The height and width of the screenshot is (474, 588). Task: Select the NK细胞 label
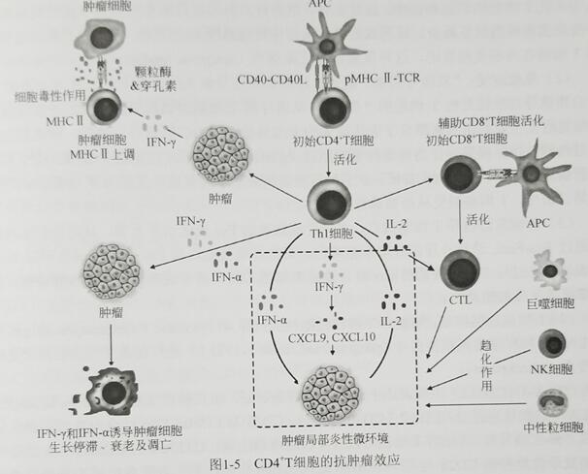pos(550,372)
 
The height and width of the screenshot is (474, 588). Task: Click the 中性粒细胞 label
pos(550,427)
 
